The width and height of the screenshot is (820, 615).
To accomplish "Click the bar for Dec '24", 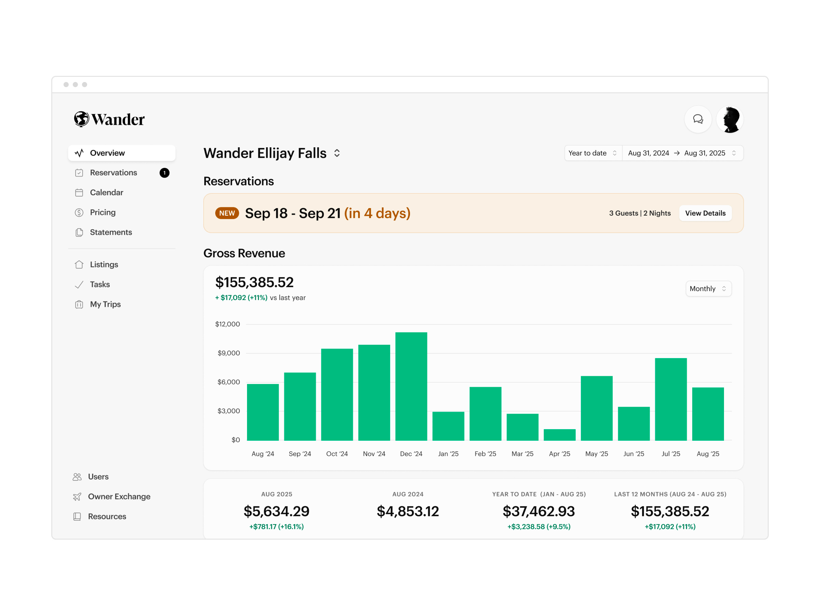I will [x=411, y=386].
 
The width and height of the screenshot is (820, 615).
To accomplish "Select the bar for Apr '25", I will [x=559, y=435].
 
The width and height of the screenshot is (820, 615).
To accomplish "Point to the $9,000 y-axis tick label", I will [x=228, y=353].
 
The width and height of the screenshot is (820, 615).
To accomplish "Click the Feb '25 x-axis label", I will [x=485, y=454].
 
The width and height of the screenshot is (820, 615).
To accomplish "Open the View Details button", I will [x=705, y=213].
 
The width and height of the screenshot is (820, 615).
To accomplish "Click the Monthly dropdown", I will [x=708, y=289].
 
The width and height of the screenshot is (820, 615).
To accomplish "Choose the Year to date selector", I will [x=592, y=153].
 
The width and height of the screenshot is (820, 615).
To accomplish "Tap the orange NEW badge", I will [x=227, y=213].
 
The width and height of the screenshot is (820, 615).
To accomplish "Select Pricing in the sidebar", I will [x=103, y=213].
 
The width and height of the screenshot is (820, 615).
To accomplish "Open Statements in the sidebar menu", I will [x=111, y=232].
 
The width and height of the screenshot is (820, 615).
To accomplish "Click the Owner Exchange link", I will [x=119, y=496].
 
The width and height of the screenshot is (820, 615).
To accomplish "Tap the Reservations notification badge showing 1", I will [x=164, y=173].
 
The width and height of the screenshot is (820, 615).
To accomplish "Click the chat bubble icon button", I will [x=698, y=119].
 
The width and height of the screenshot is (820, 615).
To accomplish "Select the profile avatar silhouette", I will [x=729, y=119].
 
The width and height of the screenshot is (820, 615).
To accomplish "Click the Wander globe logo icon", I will [x=81, y=119].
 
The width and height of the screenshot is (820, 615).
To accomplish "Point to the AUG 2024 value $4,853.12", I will [x=408, y=511].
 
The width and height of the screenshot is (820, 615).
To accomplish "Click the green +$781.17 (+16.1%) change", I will [x=276, y=527].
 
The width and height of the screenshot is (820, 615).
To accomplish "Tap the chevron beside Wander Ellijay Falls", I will [x=337, y=153].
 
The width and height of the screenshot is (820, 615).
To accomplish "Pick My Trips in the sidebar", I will [x=105, y=304].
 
